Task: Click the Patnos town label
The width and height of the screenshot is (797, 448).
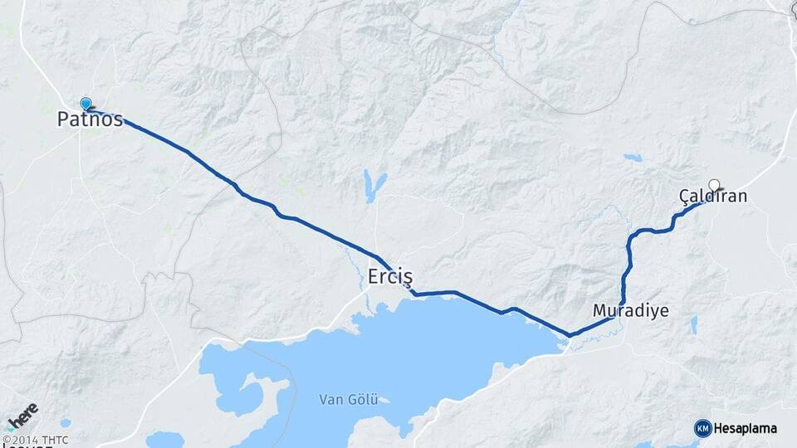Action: [x=90, y=119]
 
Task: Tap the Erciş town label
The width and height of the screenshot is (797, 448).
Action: [x=389, y=276]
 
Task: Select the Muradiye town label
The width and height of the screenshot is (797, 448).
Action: [x=631, y=310]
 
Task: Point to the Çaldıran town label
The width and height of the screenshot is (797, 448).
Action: [x=713, y=197]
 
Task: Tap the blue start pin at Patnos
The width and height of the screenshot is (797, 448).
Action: [x=86, y=104]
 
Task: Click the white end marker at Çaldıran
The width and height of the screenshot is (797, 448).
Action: [x=714, y=184]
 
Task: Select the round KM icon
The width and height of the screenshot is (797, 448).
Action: [x=702, y=428]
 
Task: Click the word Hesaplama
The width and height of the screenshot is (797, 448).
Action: [x=746, y=428]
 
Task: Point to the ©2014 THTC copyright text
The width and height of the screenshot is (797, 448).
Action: [x=35, y=440]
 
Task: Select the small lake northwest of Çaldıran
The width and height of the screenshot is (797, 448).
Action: [x=633, y=158]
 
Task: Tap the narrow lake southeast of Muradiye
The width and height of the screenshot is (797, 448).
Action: [x=693, y=325]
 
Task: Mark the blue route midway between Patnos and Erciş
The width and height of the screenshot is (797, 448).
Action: [x=241, y=191]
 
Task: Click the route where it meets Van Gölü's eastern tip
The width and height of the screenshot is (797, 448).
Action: [x=570, y=335]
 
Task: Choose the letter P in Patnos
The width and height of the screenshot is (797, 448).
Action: [x=63, y=119]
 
